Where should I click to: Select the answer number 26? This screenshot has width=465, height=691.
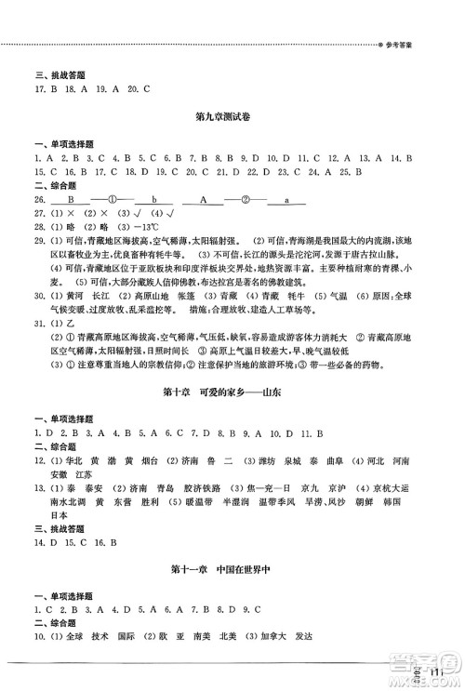tap(39, 199)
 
